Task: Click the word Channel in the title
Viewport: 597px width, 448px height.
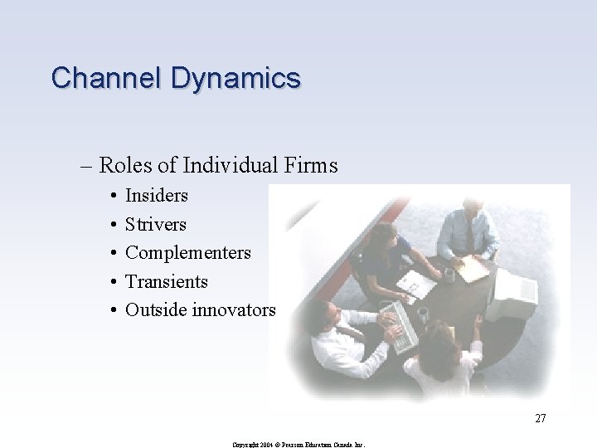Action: point(107,78)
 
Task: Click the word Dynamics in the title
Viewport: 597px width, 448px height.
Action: point(235,79)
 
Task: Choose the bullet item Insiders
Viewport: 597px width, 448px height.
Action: point(156,196)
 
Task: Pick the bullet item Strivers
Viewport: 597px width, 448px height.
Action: point(155,224)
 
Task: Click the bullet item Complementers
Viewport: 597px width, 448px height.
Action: point(187,252)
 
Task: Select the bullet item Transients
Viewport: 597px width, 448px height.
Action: point(166,281)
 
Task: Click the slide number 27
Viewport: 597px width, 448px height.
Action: point(540,418)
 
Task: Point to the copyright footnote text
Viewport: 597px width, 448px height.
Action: point(298,445)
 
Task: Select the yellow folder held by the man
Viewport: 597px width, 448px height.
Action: point(473,267)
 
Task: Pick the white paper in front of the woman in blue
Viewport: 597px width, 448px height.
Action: point(417,285)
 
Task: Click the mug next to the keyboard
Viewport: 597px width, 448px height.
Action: point(422,314)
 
